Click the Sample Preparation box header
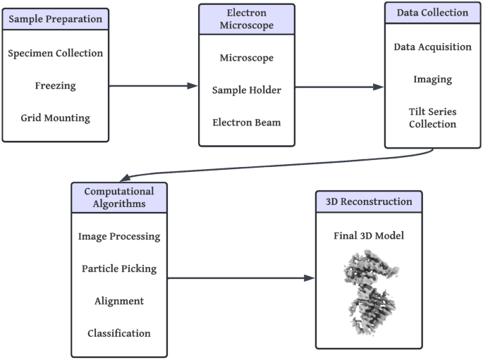click(x=55, y=19)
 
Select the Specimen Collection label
click(x=55, y=53)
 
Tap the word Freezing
click(x=55, y=86)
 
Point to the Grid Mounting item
click(x=55, y=118)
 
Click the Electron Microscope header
click(x=246, y=20)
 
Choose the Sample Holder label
click(x=246, y=89)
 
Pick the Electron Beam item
click(x=246, y=122)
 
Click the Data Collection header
click(x=432, y=13)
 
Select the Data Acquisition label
click(x=432, y=46)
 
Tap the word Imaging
click(x=432, y=79)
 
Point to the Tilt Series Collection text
click(x=432, y=118)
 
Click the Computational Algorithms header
click(x=118, y=197)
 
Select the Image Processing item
click(x=118, y=236)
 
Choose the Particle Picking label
click(x=118, y=268)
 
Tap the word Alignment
click(x=118, y=301)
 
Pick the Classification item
click(x=118, y=333)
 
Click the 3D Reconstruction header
click(x=369, y=201)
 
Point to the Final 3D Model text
click(x=369, y=235)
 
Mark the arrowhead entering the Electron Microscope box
click(x=193, y=86)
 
